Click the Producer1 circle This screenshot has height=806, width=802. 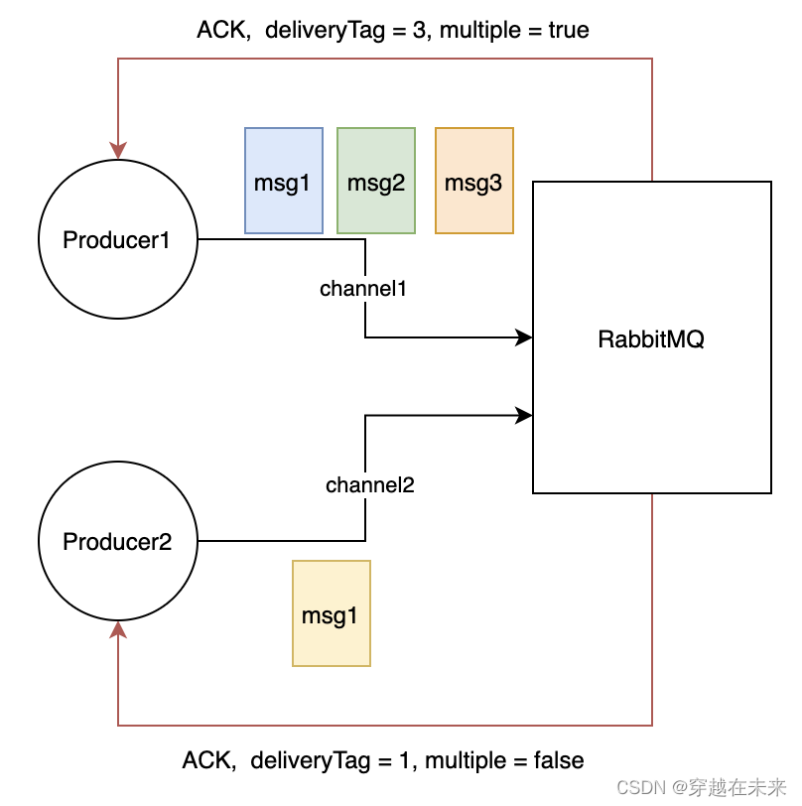pos(117,239)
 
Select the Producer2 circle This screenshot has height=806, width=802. pos(117,541)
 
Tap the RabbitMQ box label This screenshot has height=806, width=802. pos(651,338)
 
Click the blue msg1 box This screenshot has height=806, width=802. pos(283,181)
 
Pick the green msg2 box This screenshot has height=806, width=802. pos(376,181)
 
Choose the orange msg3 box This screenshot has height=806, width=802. pos(473,181)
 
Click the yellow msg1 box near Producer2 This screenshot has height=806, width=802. pos(331,613)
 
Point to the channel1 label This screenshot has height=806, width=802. pos(364,289)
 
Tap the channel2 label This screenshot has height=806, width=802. pos(369,485)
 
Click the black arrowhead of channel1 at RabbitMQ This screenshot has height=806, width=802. pos(525,337)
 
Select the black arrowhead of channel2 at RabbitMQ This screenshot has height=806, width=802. pos(525,416)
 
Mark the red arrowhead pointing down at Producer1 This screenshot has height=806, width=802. pos(118,149)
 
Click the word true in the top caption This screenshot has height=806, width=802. pos(568,31)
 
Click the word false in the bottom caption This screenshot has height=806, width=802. pos(558,761)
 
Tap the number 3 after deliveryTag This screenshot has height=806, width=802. pos(419,31)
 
